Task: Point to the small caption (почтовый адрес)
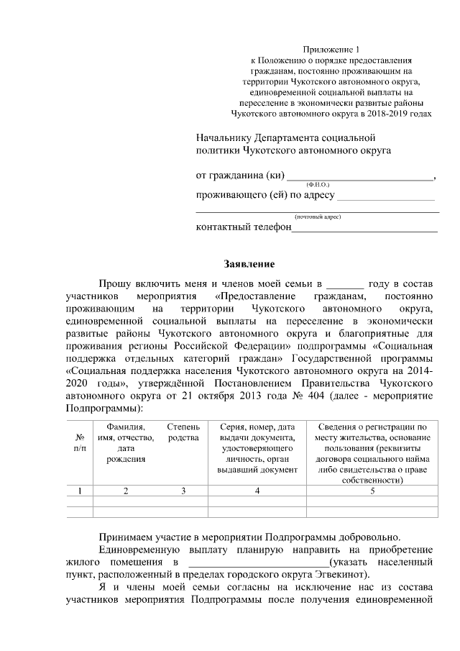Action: pos(317,216)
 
